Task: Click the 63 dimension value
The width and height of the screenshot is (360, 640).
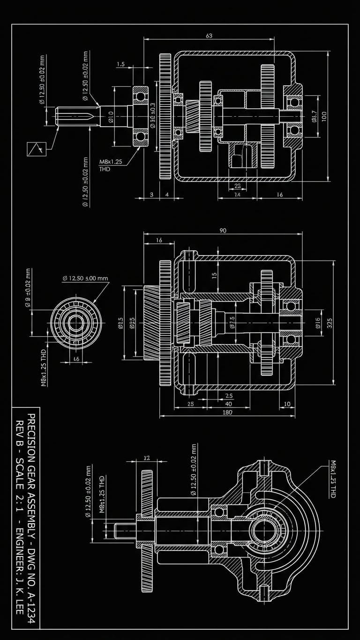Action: tap(209, 36)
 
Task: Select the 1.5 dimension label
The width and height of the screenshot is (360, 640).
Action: tap(120, 65)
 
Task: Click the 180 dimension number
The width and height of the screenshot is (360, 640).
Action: tap(228, 412)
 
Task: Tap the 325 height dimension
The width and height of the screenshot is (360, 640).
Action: tap(330, 323)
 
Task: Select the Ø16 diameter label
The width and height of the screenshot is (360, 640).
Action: tap(317, 322)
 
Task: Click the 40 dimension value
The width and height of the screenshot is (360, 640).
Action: tap(229, 404)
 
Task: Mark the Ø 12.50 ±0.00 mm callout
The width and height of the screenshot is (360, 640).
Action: tap(85, 278)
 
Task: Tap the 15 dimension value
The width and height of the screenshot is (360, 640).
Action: tap(215, 276)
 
